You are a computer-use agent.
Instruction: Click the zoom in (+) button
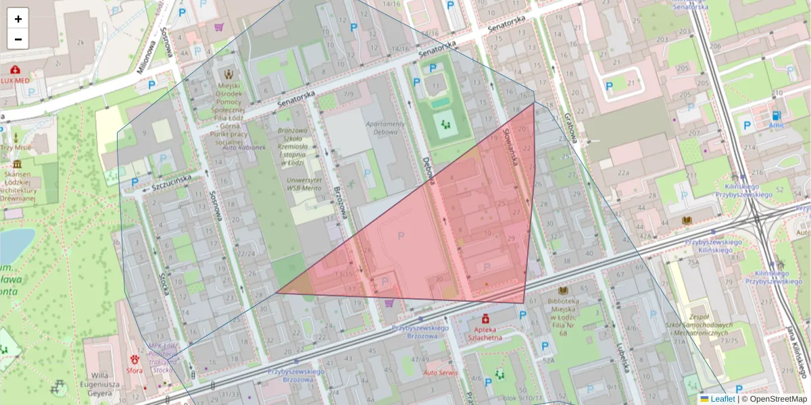tap(18, 19)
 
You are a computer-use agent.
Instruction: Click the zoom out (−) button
tap(18, 39)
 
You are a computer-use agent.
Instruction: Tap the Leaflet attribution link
tap(722, 399)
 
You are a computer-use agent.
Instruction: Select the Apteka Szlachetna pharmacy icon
tap(485, 318)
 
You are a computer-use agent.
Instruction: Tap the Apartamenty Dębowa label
tap(385, 128)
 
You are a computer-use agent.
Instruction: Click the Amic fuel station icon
tap(776, 115)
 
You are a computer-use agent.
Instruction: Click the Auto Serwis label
tap(440, 373)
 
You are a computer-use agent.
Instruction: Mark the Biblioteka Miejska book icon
tap(562, 290)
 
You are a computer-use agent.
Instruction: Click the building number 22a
tap(623, 173)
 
